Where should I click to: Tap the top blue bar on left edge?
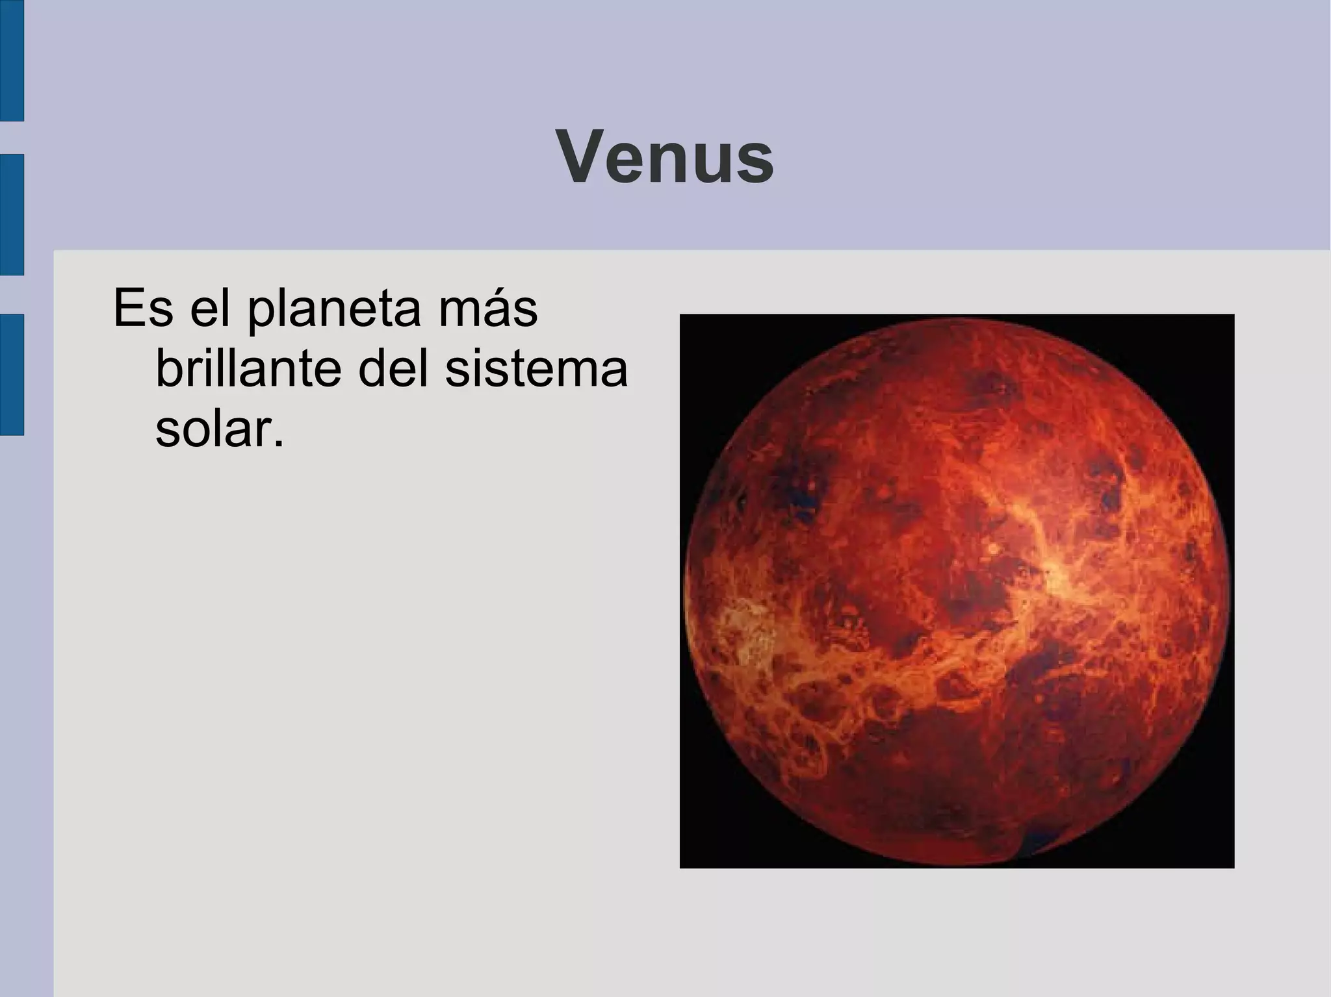click(x=11, y=60)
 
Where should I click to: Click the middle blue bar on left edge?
click(x=11, y=214)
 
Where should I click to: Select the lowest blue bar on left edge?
click(x=11, y=374)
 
